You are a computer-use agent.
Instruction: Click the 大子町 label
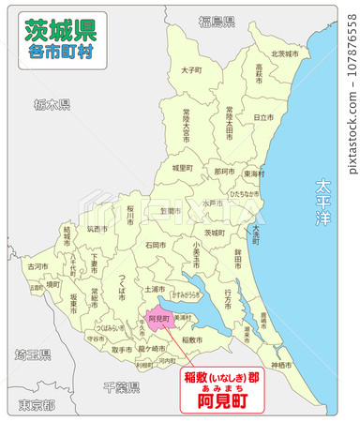[190, 69]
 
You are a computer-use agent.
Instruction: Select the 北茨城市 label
[284, 53]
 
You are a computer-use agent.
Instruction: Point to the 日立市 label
[263, 117]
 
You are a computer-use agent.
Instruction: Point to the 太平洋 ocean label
[324, 203]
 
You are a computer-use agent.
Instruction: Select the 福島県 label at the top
[216, 20]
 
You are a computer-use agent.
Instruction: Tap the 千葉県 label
[121, 386]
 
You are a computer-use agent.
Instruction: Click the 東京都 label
[37, 405]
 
